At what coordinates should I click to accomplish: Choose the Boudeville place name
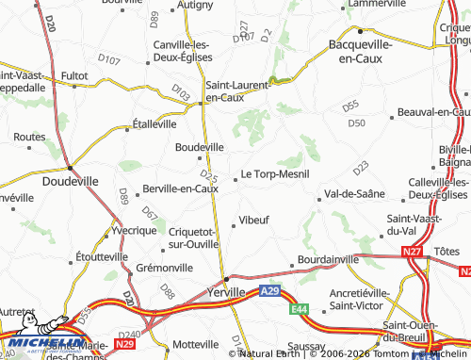pos(200,147)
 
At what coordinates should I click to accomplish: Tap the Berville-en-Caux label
pos(179,188)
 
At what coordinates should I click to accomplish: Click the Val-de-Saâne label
pos(355,195)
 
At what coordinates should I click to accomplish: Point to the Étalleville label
pos(154,123)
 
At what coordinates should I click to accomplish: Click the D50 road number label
pos(355,123)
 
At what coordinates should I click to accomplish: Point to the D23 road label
pos(361,169)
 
